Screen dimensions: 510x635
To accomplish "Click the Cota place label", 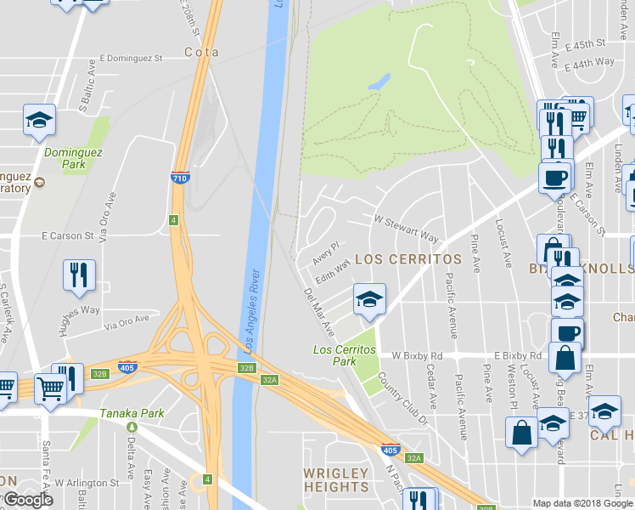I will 201,52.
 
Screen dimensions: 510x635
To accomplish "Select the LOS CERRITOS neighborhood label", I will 407,258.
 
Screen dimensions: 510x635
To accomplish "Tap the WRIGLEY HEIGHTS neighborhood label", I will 336,480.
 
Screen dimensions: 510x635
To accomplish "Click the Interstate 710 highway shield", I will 178,178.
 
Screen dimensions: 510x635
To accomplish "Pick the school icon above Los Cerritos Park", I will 369,300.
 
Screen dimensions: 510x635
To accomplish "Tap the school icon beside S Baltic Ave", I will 39,121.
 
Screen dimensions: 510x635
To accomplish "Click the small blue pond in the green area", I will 379,82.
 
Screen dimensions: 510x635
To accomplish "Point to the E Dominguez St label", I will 131,59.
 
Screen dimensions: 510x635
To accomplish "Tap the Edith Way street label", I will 333,270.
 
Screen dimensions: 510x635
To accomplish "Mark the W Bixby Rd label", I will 417,354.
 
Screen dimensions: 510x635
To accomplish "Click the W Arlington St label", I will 87,483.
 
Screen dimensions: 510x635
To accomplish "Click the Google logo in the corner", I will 28,500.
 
